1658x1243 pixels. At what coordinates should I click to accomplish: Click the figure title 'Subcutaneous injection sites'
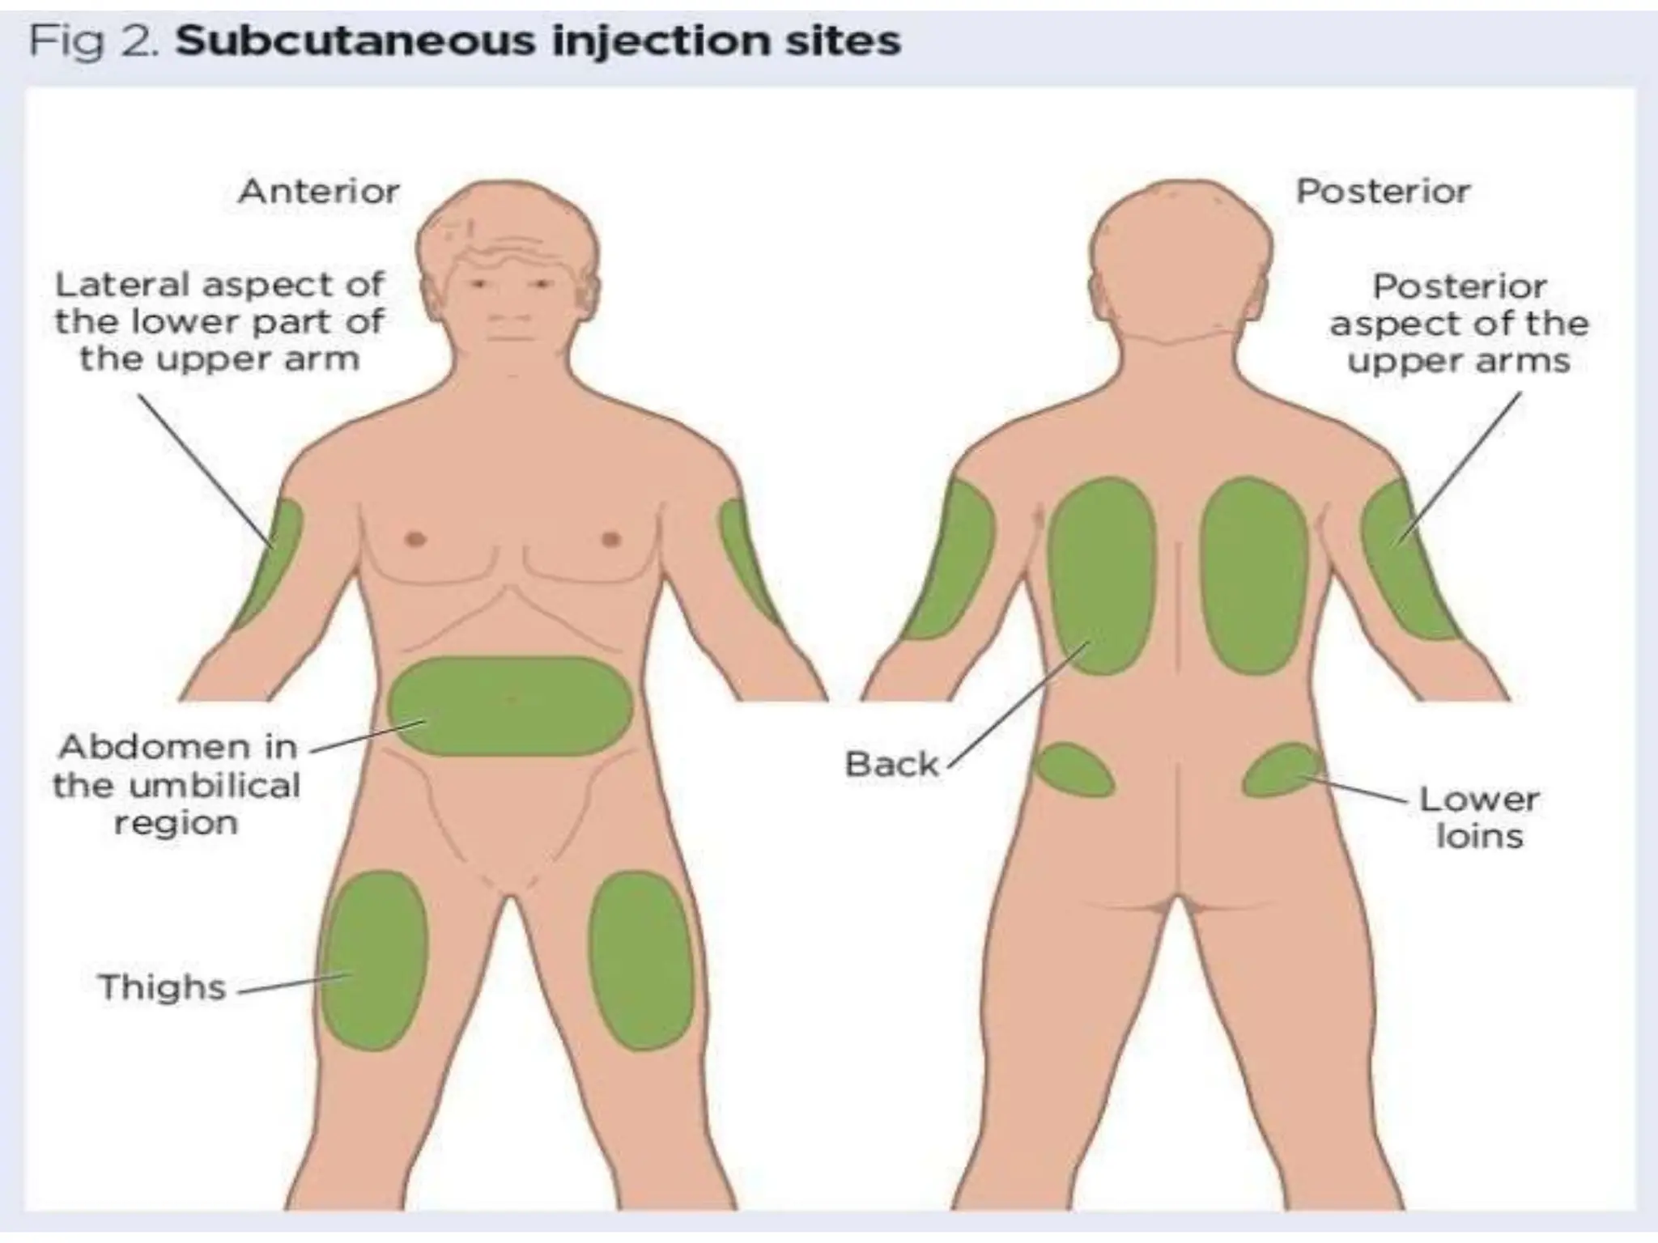[x=538, y=40]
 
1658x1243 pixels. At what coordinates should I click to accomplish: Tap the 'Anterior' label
[x=319, y=192]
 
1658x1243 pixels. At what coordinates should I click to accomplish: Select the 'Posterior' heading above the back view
[x=1383, y=192]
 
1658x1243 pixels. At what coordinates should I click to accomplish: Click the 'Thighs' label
[x=162, y=987]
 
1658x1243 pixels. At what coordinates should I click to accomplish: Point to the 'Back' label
[x=891, y=764]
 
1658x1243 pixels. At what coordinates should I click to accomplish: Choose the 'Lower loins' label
[x=1479, y=817]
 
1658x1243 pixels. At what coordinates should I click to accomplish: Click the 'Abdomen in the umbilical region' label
[x=176, y=784]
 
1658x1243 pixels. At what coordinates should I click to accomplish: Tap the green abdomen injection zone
[x=510, y=706]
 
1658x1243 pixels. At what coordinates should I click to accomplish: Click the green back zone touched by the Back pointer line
[x=1101, y=575]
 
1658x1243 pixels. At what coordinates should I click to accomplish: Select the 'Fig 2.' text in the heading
[x=91, y=40]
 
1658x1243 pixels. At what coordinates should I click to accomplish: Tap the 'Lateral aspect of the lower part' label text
[x=219, y=321]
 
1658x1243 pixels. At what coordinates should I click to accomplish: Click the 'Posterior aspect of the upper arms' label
[x=1459, y=323]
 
